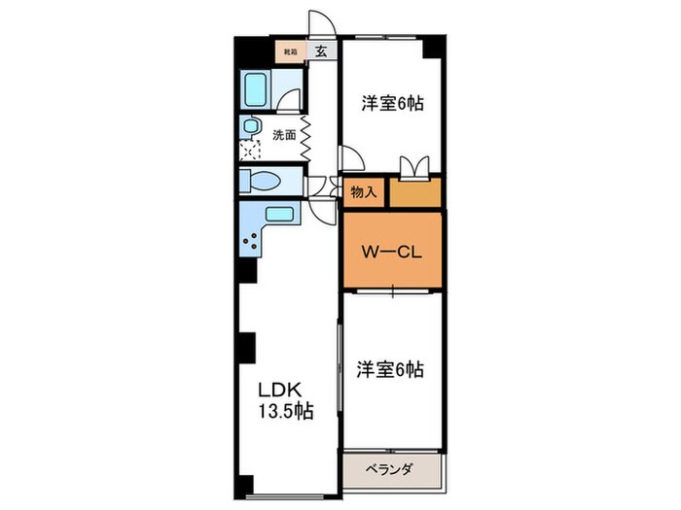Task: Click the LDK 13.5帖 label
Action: (285, 399)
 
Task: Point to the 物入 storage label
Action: (363, 192)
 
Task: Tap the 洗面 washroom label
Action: (284, 136)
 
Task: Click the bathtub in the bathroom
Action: (259, 91)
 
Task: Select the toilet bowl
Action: (261, 182)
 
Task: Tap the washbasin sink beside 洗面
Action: (251, 126)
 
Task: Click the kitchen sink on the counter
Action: (279, 216)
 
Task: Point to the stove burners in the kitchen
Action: (251, 241)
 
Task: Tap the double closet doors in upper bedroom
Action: (414, 167)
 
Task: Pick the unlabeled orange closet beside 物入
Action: (415, 192)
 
